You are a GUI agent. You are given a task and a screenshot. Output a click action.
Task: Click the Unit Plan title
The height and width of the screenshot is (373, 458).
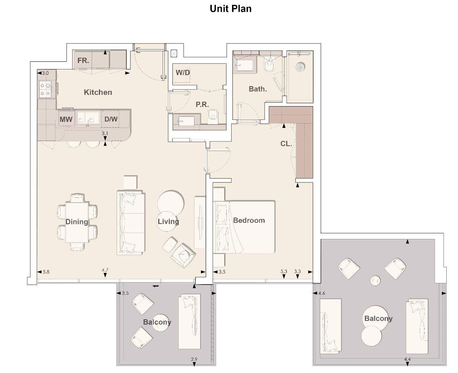(230, 8)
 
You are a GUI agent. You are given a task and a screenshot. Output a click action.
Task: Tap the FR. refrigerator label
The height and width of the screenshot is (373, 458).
(83, 61)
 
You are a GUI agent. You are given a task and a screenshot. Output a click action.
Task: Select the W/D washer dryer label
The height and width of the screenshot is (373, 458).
(183, 72)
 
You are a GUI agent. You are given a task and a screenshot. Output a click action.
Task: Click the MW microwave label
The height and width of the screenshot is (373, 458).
(66, 119)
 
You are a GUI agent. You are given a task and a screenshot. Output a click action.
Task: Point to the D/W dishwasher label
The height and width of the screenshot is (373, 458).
(111, 119)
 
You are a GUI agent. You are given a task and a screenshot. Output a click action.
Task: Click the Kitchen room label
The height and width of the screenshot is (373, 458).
(98, 92)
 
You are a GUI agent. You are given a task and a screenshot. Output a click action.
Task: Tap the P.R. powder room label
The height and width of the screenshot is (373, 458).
(202, 104)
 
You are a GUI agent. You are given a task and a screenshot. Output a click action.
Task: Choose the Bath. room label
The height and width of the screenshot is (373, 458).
(257, 89)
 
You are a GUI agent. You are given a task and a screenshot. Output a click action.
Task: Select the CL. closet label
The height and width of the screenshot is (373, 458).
(286, 143)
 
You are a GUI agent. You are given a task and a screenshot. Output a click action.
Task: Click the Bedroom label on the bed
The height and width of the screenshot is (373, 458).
(249, 220)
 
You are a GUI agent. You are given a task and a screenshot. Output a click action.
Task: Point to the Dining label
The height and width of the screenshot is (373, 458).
(77, 221)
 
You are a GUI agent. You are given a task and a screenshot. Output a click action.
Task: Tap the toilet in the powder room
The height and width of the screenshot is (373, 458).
(213, 115)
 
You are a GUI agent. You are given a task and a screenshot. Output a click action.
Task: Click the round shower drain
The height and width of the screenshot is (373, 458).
(300, 67)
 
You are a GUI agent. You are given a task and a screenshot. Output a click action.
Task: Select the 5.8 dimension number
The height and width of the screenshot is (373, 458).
(46, 272)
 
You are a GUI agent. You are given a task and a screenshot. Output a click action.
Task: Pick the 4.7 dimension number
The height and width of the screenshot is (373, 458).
(105, 270)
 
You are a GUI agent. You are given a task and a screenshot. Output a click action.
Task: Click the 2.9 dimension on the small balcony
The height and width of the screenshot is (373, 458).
(194, 359)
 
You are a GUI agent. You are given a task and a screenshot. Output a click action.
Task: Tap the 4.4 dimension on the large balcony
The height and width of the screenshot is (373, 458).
(408, 359)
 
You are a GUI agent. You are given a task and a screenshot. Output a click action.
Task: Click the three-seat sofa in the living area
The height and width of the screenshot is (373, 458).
(131, 223)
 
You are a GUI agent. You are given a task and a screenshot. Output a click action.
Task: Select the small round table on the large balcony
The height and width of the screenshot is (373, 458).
(375, 281)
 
